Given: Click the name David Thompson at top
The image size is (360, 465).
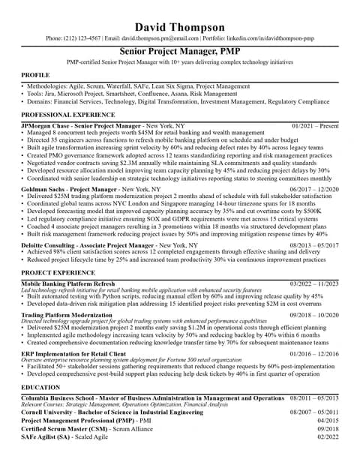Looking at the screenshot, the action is point(179,28).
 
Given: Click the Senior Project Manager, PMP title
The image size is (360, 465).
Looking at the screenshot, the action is point(179,50).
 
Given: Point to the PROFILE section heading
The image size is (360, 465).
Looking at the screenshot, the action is point(35,76).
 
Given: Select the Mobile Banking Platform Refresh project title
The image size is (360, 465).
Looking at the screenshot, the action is point(68,284).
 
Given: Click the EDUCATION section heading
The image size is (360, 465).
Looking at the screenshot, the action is point(40,388).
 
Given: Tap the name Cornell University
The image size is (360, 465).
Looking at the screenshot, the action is point(49,412).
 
